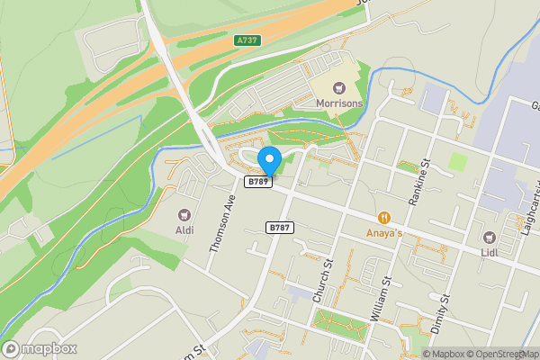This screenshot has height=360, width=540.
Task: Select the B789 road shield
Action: point(259,182)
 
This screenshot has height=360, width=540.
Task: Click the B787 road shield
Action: point(280,229)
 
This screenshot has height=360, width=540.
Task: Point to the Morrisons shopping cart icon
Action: point(340,88)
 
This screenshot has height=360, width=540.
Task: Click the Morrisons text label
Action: point(340,104)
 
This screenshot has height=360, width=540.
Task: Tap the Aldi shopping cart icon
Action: point(184,215)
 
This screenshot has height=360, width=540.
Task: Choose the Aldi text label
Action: point(184,230)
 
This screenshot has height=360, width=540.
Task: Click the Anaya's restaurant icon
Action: point(384,217)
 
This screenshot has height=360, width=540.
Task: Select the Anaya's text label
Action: point(384,232)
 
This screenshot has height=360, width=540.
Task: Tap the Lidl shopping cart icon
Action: point(490,238)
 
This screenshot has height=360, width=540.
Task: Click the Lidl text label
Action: point(490,253)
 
